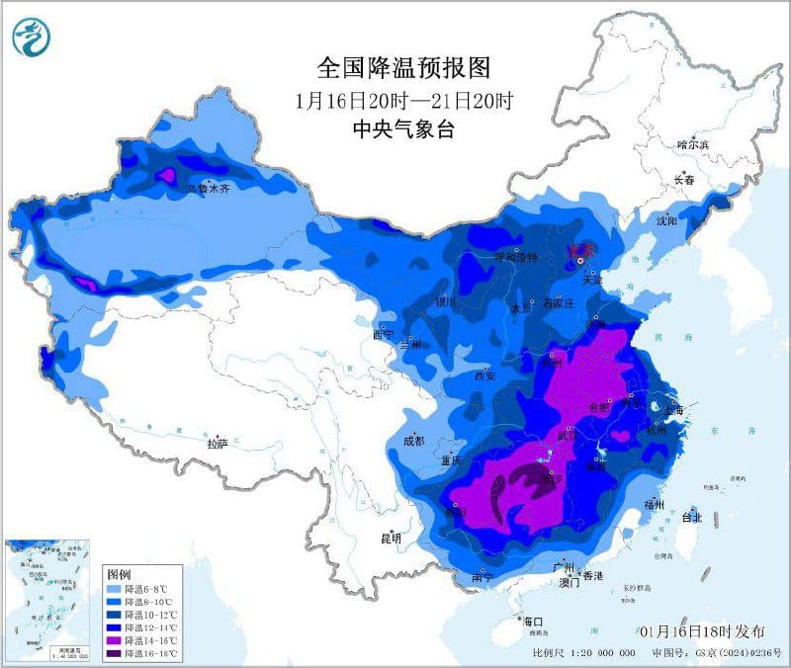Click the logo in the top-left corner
click(31, 38)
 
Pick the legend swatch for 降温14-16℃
click(114, 640)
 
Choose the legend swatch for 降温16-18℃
click(114, 653)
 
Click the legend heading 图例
click(119, 573)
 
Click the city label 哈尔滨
click(694, 144)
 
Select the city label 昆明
click(391, 539)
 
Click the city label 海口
click(535, 621)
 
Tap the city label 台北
click(691, 517)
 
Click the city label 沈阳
click(667, 221)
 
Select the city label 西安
click(483, 376)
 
